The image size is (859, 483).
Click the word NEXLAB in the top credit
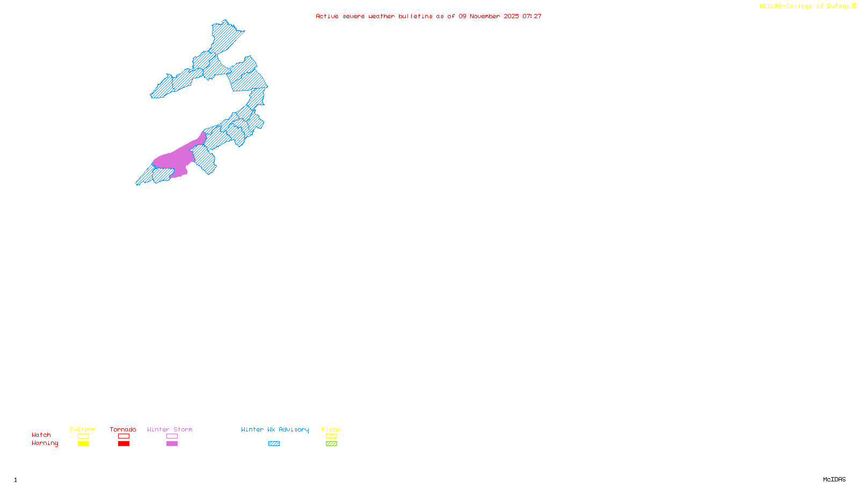click(770, 6)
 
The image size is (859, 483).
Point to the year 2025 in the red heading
click(511, 17)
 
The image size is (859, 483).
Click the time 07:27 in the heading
click(532, 17)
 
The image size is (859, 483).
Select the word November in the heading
click(485, 17)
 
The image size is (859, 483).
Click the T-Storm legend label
click(83, 429)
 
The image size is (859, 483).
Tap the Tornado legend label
click(123, 429)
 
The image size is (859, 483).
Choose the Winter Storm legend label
click(170, 429)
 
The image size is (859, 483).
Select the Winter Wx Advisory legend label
click(275, 429)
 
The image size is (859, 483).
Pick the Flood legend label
click(331, 429)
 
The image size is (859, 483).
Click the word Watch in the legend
click(41, 435)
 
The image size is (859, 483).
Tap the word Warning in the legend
click(45, 443)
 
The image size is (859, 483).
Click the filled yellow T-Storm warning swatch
click(83, 444)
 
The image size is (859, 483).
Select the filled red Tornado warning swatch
click(123, 444)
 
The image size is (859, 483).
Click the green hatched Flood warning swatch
click(331, 444)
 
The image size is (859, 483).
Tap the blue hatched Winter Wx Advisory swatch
click(274, 444)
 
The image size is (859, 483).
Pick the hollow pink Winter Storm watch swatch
click(172, 436)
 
